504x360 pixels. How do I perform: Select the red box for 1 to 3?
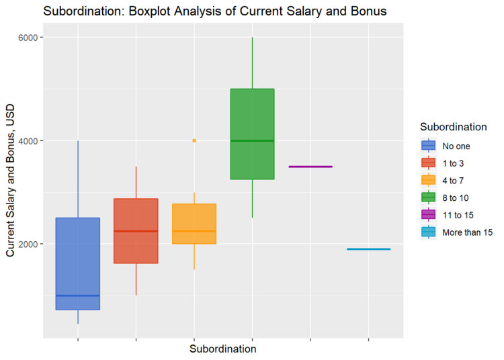[136, 215]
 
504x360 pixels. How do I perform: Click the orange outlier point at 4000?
[194, 140]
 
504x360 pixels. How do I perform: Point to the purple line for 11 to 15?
[310, 167]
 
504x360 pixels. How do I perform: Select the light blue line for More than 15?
[368, 249]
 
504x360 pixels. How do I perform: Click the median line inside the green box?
[252, 140]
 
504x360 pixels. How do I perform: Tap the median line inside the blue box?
[78, 296]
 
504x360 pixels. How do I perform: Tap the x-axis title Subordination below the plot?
[222, 349]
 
